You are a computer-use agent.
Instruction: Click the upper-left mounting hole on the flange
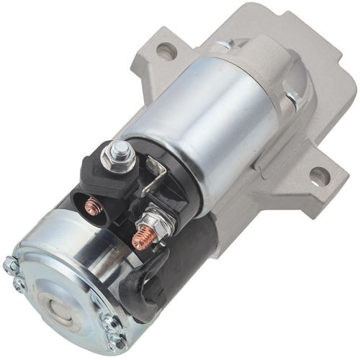[x=166, y=51]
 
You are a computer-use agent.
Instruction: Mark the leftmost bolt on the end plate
[x=12, y=266]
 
